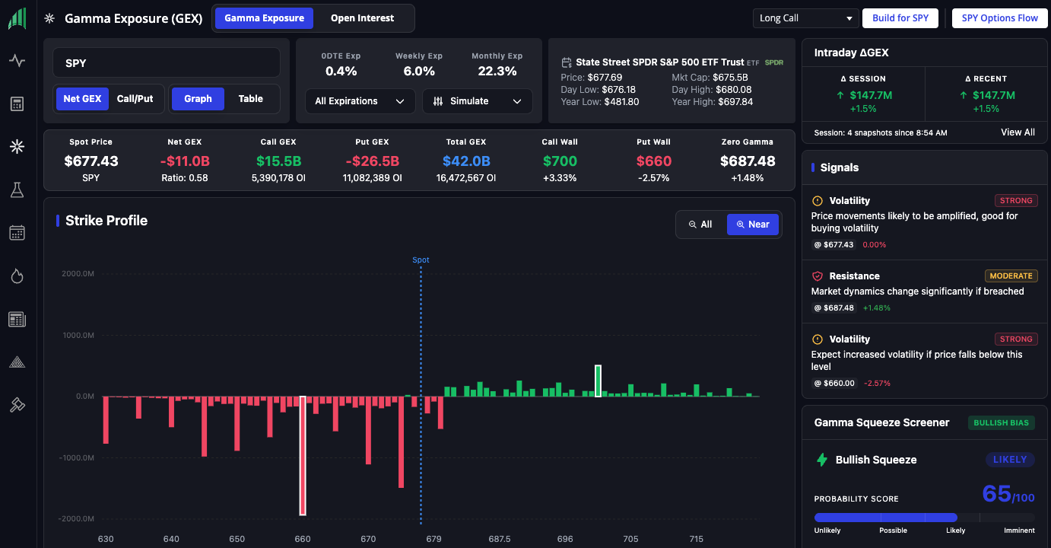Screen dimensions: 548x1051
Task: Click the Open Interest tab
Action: tap(362, 18)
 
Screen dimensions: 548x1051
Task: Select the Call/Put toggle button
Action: tap(135, 99)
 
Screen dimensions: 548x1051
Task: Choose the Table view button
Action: tap(250, 99)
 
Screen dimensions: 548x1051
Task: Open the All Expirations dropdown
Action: tap(360, 101)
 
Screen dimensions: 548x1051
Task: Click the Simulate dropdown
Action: tap(477, 101)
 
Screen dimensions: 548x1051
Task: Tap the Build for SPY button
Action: tap(900, 18)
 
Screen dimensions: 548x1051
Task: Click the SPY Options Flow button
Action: tap(999, 18)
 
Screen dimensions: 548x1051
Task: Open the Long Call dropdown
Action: tap(805, 18)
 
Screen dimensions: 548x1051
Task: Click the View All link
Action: tap(1018, 132)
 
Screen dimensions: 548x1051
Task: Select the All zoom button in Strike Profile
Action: tap(700, 225)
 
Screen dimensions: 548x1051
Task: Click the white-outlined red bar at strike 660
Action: tap(303, 455)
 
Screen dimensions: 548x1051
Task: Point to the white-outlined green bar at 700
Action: tap(598, 381)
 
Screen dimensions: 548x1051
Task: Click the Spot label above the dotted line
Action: tap(421, 260)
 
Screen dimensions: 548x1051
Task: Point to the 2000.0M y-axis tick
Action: tap(78, 274)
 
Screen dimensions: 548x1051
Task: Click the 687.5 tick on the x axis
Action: tap(500, 539)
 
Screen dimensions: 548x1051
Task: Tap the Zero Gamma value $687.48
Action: tap(747, 161)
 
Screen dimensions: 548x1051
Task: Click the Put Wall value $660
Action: tap(653, 161)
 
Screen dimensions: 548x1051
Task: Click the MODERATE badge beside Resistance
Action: tap(1011, 276)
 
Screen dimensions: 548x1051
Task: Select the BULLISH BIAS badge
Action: tap(1001, 422)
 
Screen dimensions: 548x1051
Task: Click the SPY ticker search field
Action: tap(167, 63)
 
